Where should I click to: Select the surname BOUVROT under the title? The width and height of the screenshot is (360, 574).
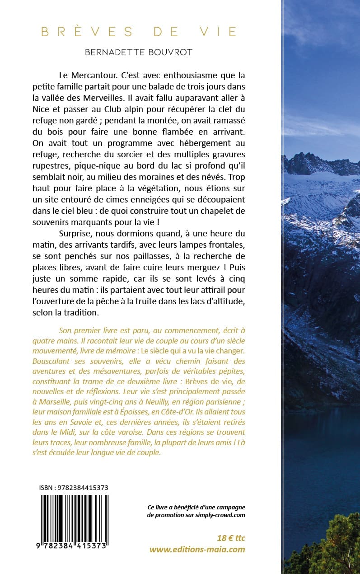pos(169,52)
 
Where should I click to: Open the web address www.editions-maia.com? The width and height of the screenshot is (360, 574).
pos(197,550)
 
